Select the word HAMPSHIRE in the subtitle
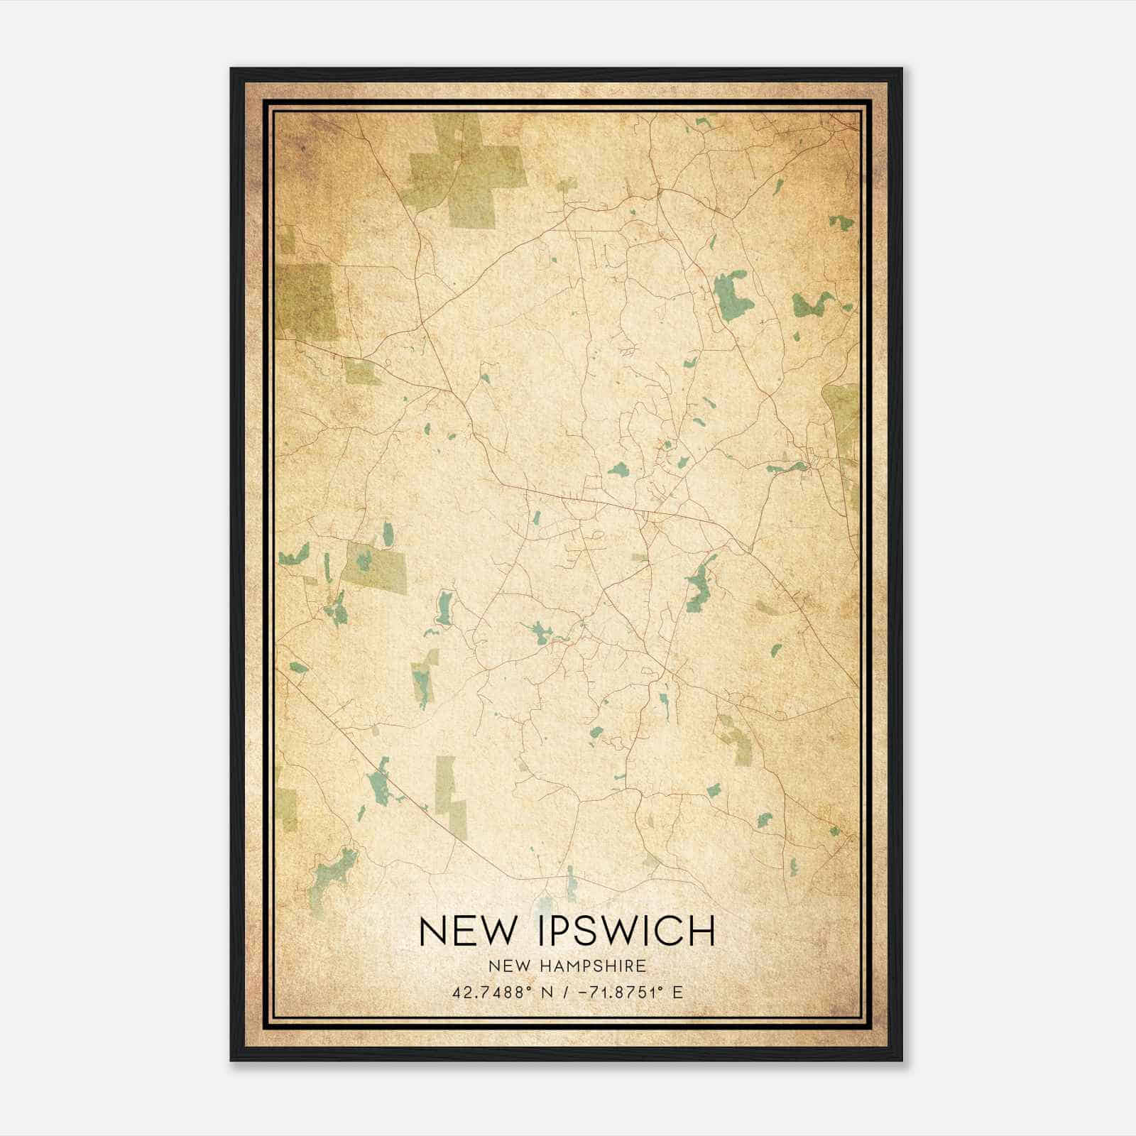pyautogui.click(x=603, y=966)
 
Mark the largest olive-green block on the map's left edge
pyautogui.click(x=307, y=302)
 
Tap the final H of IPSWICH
pyautogui.click(x=701, y=931)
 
